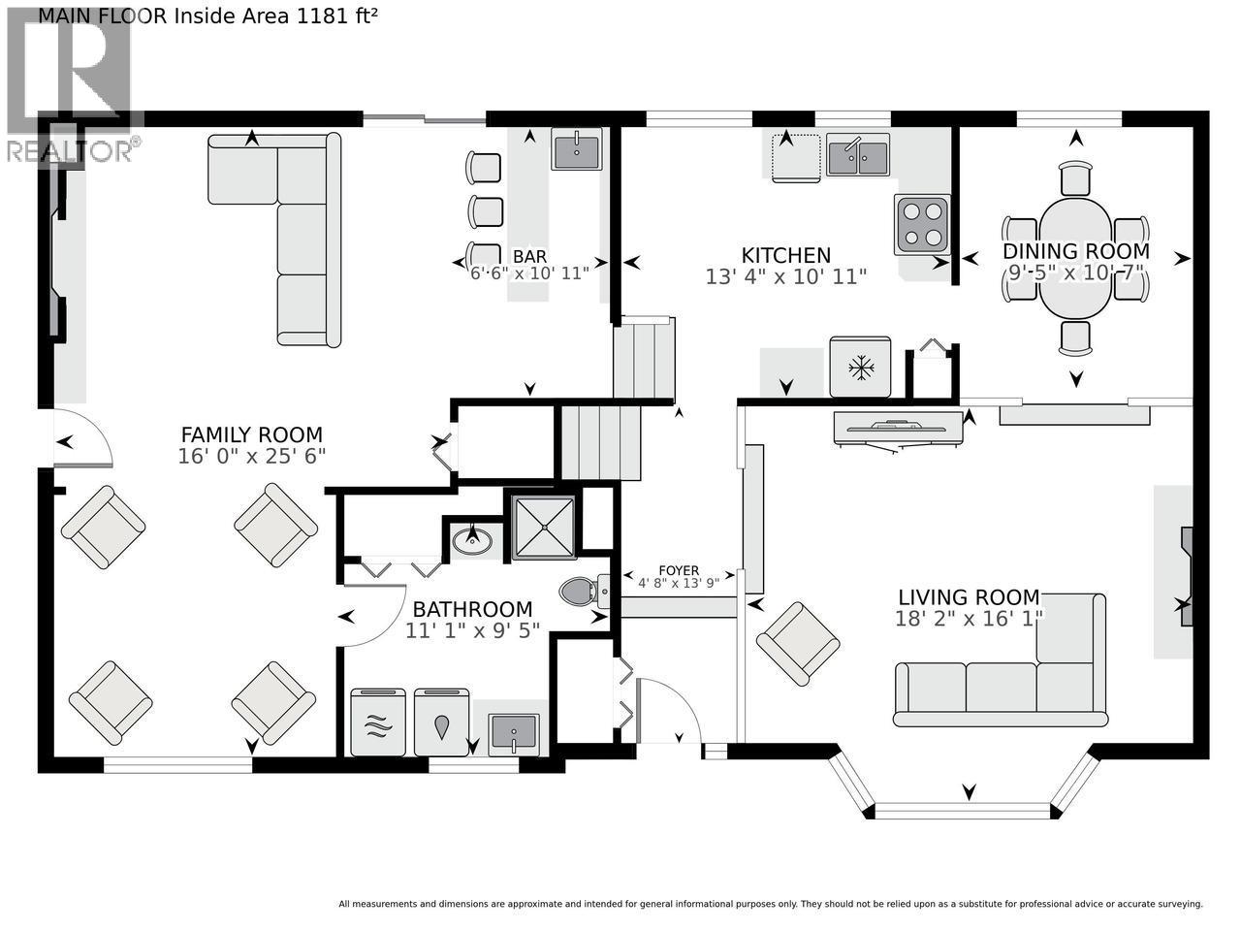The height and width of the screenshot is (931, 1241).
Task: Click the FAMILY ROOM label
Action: (x=252, y=435)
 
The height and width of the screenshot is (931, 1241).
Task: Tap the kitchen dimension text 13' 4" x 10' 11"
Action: (x=785, y=276)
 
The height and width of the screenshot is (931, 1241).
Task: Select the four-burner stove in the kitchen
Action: (x=921, y=223)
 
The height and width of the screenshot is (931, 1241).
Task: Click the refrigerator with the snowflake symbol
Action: (x=860, y=368)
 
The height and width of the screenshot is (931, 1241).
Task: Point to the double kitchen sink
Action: (x=857, y=156)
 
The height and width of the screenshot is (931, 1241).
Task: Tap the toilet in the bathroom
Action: (x=584, y=590)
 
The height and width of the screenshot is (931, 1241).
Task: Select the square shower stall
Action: (x=543, y=526)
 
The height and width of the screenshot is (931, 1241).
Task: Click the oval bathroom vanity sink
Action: (x=473, y=540)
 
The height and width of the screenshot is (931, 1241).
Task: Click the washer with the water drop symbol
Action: (x=442, y=722)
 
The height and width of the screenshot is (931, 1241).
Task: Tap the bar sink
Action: (x=576, y=149)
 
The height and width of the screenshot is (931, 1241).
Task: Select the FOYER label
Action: (x=679, y=570)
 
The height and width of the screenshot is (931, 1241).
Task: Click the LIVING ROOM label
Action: (x=969, y=597)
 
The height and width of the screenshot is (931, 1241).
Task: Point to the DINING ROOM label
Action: (x=1075, y=251)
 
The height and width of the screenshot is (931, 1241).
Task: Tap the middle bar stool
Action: (x=487, y=210)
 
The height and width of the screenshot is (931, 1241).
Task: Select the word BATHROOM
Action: (x=472, y=609)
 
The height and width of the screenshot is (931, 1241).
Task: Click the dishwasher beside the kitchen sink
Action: (x=796, y=157)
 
